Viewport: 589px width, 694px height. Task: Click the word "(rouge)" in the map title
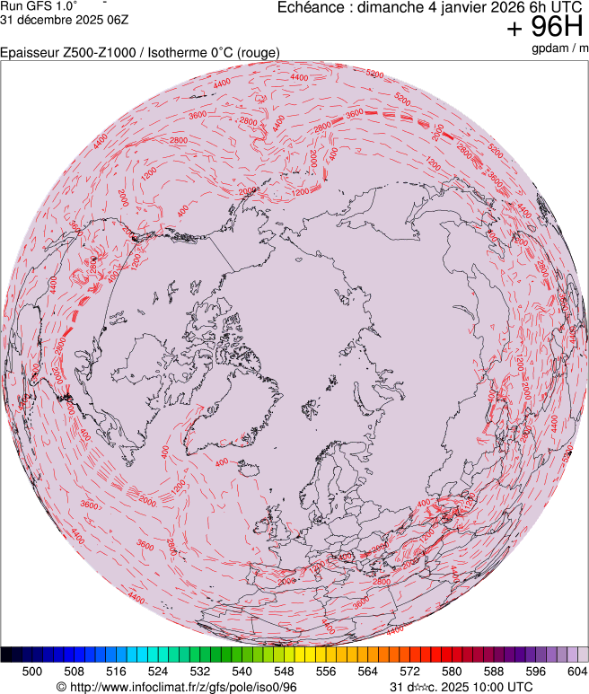pyautogui.click(x=256, y=53)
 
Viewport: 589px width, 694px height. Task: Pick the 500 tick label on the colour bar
pyautogui.click(x=32, y=671)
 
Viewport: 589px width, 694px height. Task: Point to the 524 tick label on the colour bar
pyautogui.click(x=158, y=671)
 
